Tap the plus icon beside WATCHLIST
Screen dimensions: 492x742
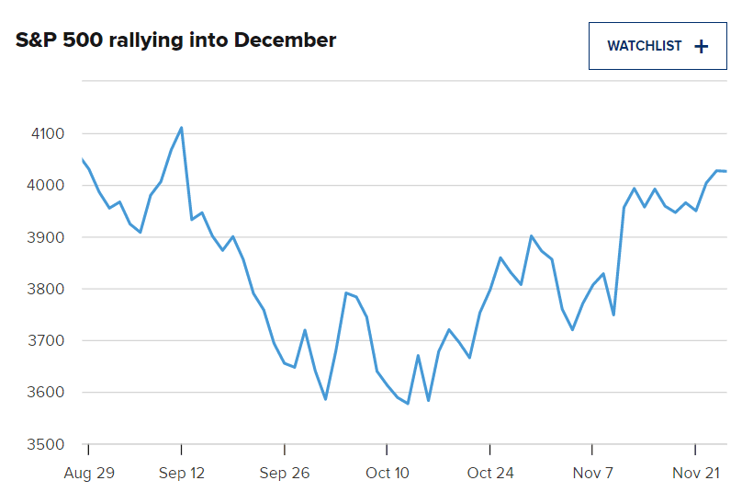pyautogui.click(x=702, y=46)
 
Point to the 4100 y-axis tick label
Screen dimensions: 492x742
pyautogui.click(x=47, y=134)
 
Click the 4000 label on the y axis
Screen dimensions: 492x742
pyautogui.click(x=47, y=186)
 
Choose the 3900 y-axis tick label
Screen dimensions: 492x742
pyautogui.click(x=47, y=237)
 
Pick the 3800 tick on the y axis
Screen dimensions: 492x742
pyautogui.click(x=47, y=289)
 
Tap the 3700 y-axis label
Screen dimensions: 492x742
pyautogui.click(x=47, y=341)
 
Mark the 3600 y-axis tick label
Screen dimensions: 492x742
pyautogui.click(x=47, y=393)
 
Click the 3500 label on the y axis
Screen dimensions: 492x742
pyautogui.click(x=47, y=444)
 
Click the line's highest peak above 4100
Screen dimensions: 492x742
pyautogui.click(x=182, y=128)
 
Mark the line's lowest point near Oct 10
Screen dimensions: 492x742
pyautogui.click(x=408, y=404)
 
